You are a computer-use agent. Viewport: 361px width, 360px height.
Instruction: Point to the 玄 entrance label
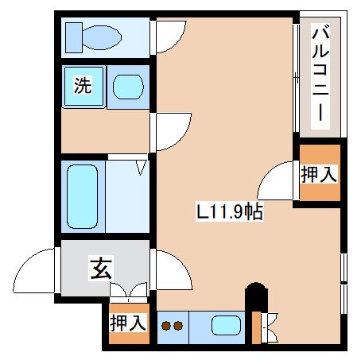coord(99,269)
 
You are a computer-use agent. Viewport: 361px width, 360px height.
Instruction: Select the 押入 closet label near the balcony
coord(319,173)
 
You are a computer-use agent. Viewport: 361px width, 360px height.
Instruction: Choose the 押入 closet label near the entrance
coord(128,323)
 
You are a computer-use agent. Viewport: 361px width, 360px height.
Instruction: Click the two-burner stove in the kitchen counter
coord(173,325)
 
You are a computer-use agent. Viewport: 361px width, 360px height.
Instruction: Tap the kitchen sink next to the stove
coord(226,325)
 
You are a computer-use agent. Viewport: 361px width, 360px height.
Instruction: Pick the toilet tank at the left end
coord(72,36)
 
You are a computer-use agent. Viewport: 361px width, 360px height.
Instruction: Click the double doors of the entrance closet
coord(129,292)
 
